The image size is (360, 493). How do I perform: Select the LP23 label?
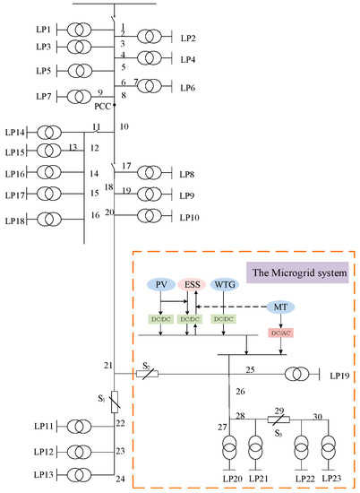point(332,480)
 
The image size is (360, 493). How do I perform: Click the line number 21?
point(108,366)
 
